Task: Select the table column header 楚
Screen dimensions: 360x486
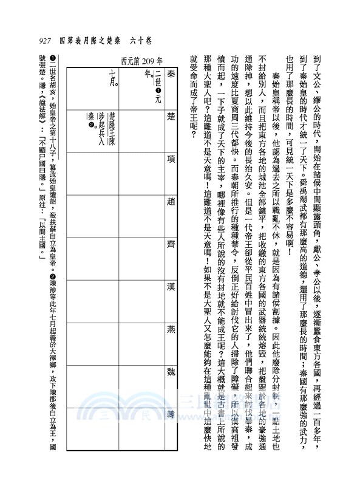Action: tap(170, 117)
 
